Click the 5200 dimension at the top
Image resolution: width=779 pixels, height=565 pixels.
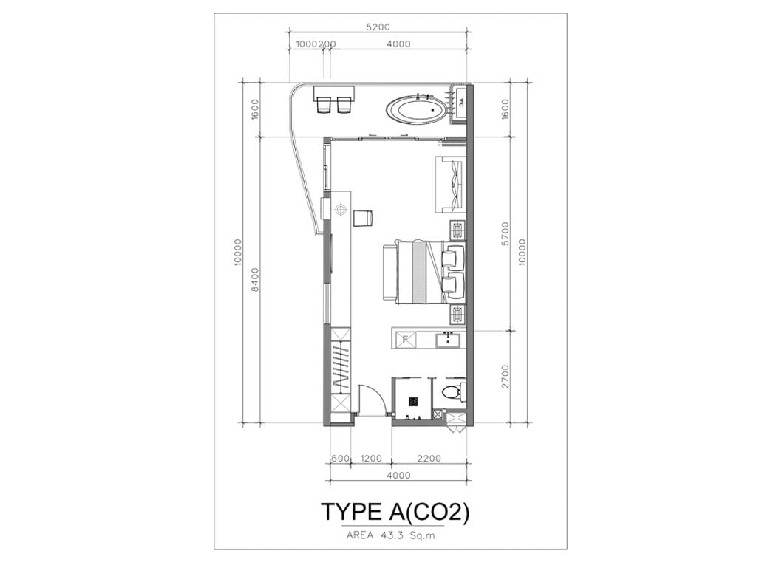[378, 27]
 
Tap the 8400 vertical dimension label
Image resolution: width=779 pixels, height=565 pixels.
[255, 280]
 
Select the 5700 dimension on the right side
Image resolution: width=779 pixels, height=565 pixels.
[506, 234]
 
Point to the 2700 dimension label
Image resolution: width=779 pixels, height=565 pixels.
[506, 377]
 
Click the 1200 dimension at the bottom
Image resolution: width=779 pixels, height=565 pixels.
[370, 458]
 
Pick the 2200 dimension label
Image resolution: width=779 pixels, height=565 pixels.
[429, 458]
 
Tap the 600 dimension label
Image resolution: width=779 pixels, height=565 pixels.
[340, 458]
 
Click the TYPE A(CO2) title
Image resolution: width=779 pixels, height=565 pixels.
[395, 513]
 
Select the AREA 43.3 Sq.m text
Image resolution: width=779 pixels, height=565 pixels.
[390, 535]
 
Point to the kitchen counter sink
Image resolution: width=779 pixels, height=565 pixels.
[448, 340]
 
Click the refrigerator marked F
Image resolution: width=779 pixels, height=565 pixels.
[406, 340]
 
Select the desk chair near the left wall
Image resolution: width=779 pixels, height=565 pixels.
[363, 219]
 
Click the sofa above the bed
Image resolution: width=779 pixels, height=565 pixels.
[450, 184]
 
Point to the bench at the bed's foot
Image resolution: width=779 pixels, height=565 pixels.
[389, 272]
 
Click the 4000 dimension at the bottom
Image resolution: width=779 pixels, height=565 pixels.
[398, 476]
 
